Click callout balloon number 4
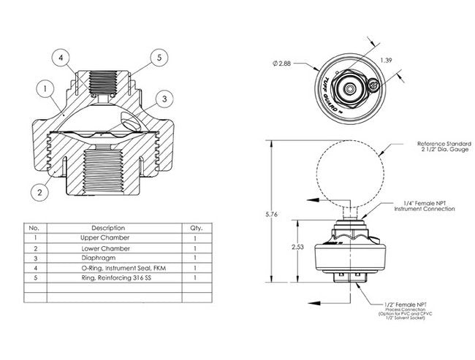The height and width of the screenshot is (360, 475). pyautogui.click(x=61, y=56)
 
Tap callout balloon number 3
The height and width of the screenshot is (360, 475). pyautogui.click(x=166, y=98)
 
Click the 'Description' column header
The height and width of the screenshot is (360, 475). pyautogui.click(x=108, y=228)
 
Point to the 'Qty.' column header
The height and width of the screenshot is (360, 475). pyautogui.click(x=195, y=228)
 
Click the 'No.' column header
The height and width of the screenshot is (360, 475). pyautogui.click(x=33, y=228)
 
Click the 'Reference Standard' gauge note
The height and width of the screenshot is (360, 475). pyautogui.click(x=434, y=148)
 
